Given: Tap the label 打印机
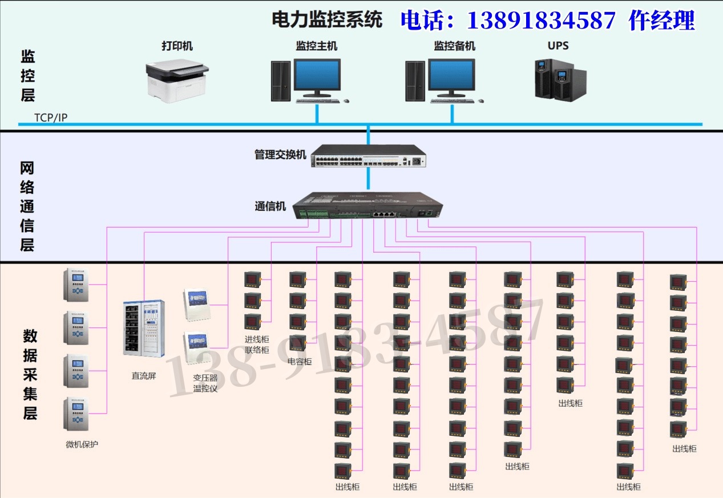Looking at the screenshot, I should pos(176,46).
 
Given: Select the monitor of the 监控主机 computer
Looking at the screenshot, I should pos(317,76).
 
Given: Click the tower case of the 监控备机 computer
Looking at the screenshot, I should pos(415,81).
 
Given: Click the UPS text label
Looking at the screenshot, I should pos(558,46).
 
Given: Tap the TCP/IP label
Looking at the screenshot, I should pos(51,118).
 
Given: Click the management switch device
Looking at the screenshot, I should pos(369,155).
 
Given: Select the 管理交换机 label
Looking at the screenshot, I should pos(280,155).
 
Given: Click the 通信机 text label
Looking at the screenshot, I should pos(270,207).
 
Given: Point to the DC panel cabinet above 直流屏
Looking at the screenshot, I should pos(144,328).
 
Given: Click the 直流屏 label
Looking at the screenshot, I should pos(144,376).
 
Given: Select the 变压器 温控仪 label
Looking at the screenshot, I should pos(205,383).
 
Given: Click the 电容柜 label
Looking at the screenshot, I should pos(300,361).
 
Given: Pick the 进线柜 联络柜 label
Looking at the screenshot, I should pos(257,345).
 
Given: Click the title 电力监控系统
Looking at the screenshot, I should pos(326,21).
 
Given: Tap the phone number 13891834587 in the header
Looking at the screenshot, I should pos(541,21).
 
